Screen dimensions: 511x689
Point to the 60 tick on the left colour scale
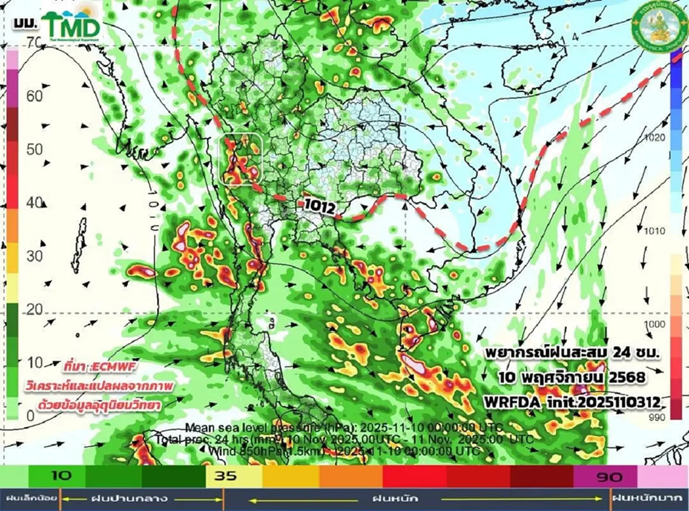coord(34,95)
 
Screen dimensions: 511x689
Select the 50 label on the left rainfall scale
coord(34,149)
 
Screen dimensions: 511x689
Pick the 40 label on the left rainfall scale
coord(34,202)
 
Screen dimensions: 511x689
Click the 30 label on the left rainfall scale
coord(34,256)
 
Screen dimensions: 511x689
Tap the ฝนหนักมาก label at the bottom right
coord(649,497)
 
